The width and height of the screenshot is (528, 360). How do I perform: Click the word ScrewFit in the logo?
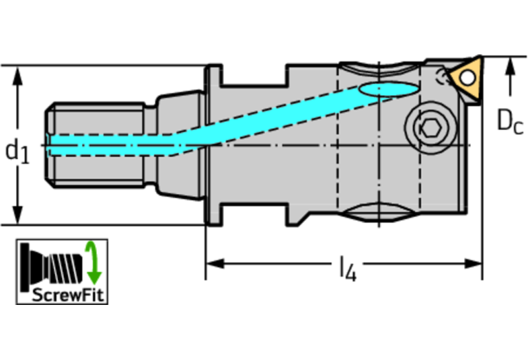pyautogui.click(x=63, y=296)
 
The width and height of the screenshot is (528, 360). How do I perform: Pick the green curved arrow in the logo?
pyautogui.click(x=93, y=263)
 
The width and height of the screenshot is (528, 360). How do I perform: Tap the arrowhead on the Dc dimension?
pyautogui.click(x=510, y=67)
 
